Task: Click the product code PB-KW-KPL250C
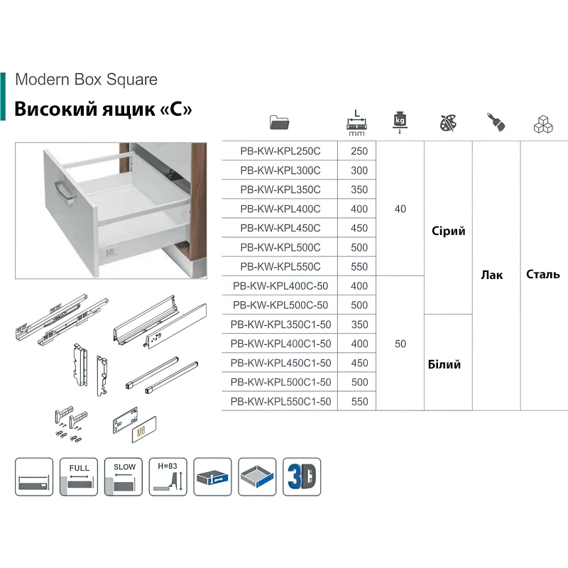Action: (x=280, y=151)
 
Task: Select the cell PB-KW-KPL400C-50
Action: (x=280, y=286)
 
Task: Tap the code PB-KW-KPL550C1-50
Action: (x=280, y=401)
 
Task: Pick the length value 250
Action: (x=359, y=151)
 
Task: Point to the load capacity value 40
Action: (x=400, y=209)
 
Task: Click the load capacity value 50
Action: (x=400, y=344)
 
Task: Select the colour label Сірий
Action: (x=448, y=231)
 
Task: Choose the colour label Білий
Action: (x=444, y=364)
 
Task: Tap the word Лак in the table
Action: (x=491, y=275)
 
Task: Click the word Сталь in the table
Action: (x=543, y=275)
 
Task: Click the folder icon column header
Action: (x=280, y=122)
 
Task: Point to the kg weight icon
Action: (x=400, y=121)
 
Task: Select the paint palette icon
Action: (x=449, y=122)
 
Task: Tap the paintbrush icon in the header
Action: (x=496, y=122)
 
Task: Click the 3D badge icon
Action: (x=302, y=476)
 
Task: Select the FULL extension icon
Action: (x=79, y=476)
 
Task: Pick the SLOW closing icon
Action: (x=124, y=476)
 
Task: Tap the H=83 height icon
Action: (x=168, y=476)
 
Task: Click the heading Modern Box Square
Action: (x=86, y=80)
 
